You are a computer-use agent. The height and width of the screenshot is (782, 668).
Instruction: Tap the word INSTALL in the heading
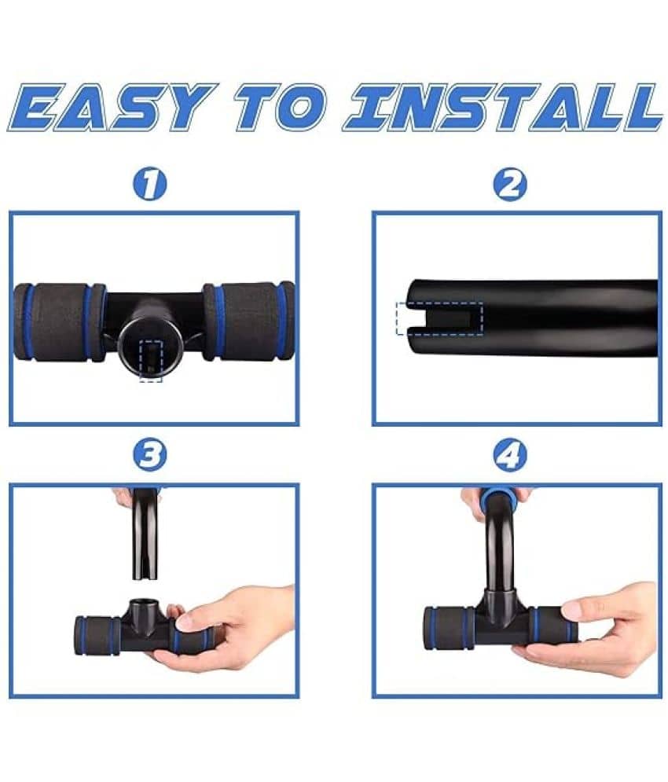click(502, 107)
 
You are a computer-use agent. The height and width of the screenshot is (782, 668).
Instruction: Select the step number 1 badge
click(149, 184)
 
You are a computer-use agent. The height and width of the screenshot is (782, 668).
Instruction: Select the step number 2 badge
click(510, 184)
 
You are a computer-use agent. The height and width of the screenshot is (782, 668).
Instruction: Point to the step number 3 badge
click(149, 454)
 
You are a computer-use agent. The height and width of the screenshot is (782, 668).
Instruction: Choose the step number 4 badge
click(510, 454)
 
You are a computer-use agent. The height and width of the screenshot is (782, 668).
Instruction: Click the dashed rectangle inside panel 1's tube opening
click(151, 361)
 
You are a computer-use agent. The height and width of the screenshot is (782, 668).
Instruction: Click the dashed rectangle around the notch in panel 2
click(439, 318)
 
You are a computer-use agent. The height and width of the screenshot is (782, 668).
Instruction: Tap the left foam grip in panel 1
click(60, 322)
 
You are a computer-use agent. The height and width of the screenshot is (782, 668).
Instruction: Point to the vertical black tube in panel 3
click(145, 534)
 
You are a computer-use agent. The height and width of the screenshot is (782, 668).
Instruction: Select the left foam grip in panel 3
click(97, 635)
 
